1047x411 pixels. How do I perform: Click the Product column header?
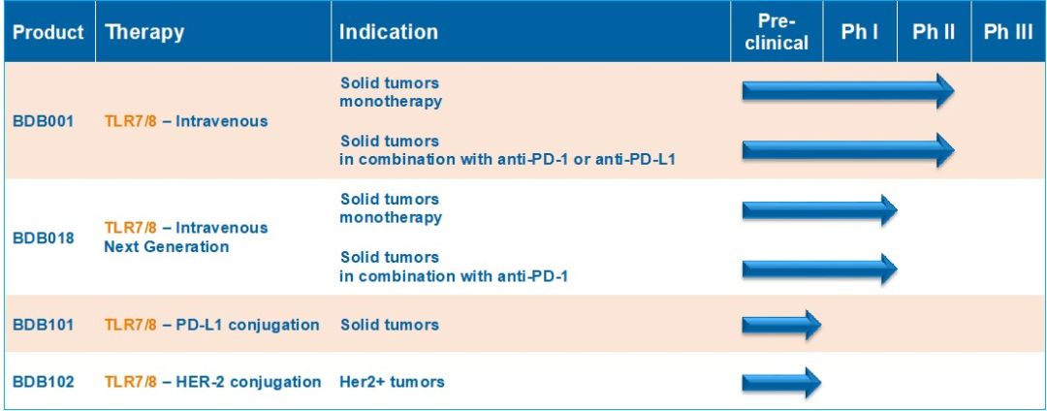coord(48,32)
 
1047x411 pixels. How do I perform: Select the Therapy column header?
coord(144,33)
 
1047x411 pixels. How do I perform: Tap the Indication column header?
coord(389,32)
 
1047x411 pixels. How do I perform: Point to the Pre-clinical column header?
coord(777,32)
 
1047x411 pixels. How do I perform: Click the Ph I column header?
coord(859,33)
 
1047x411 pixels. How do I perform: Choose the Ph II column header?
coord(934,33)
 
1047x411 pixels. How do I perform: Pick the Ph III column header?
coord(1008,33)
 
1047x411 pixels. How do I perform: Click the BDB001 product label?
coord(44,121)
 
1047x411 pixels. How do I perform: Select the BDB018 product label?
coord(44,237)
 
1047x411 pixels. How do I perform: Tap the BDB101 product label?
coord(44,325)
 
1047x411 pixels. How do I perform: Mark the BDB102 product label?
coord(44,382)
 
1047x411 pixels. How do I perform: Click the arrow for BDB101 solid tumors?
coord(781,325)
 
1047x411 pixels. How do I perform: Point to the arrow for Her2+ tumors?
coord(781,382)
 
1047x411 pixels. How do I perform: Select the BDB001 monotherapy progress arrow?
coord(848,91)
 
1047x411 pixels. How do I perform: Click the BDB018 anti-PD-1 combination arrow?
coord(820,269)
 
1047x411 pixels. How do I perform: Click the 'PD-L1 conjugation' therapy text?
coord(247,325)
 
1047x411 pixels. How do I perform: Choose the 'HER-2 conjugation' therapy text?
coord(248,382)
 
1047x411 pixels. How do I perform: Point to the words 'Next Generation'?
coord(167,247)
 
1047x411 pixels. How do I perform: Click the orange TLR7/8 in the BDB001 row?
coord(131,121)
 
